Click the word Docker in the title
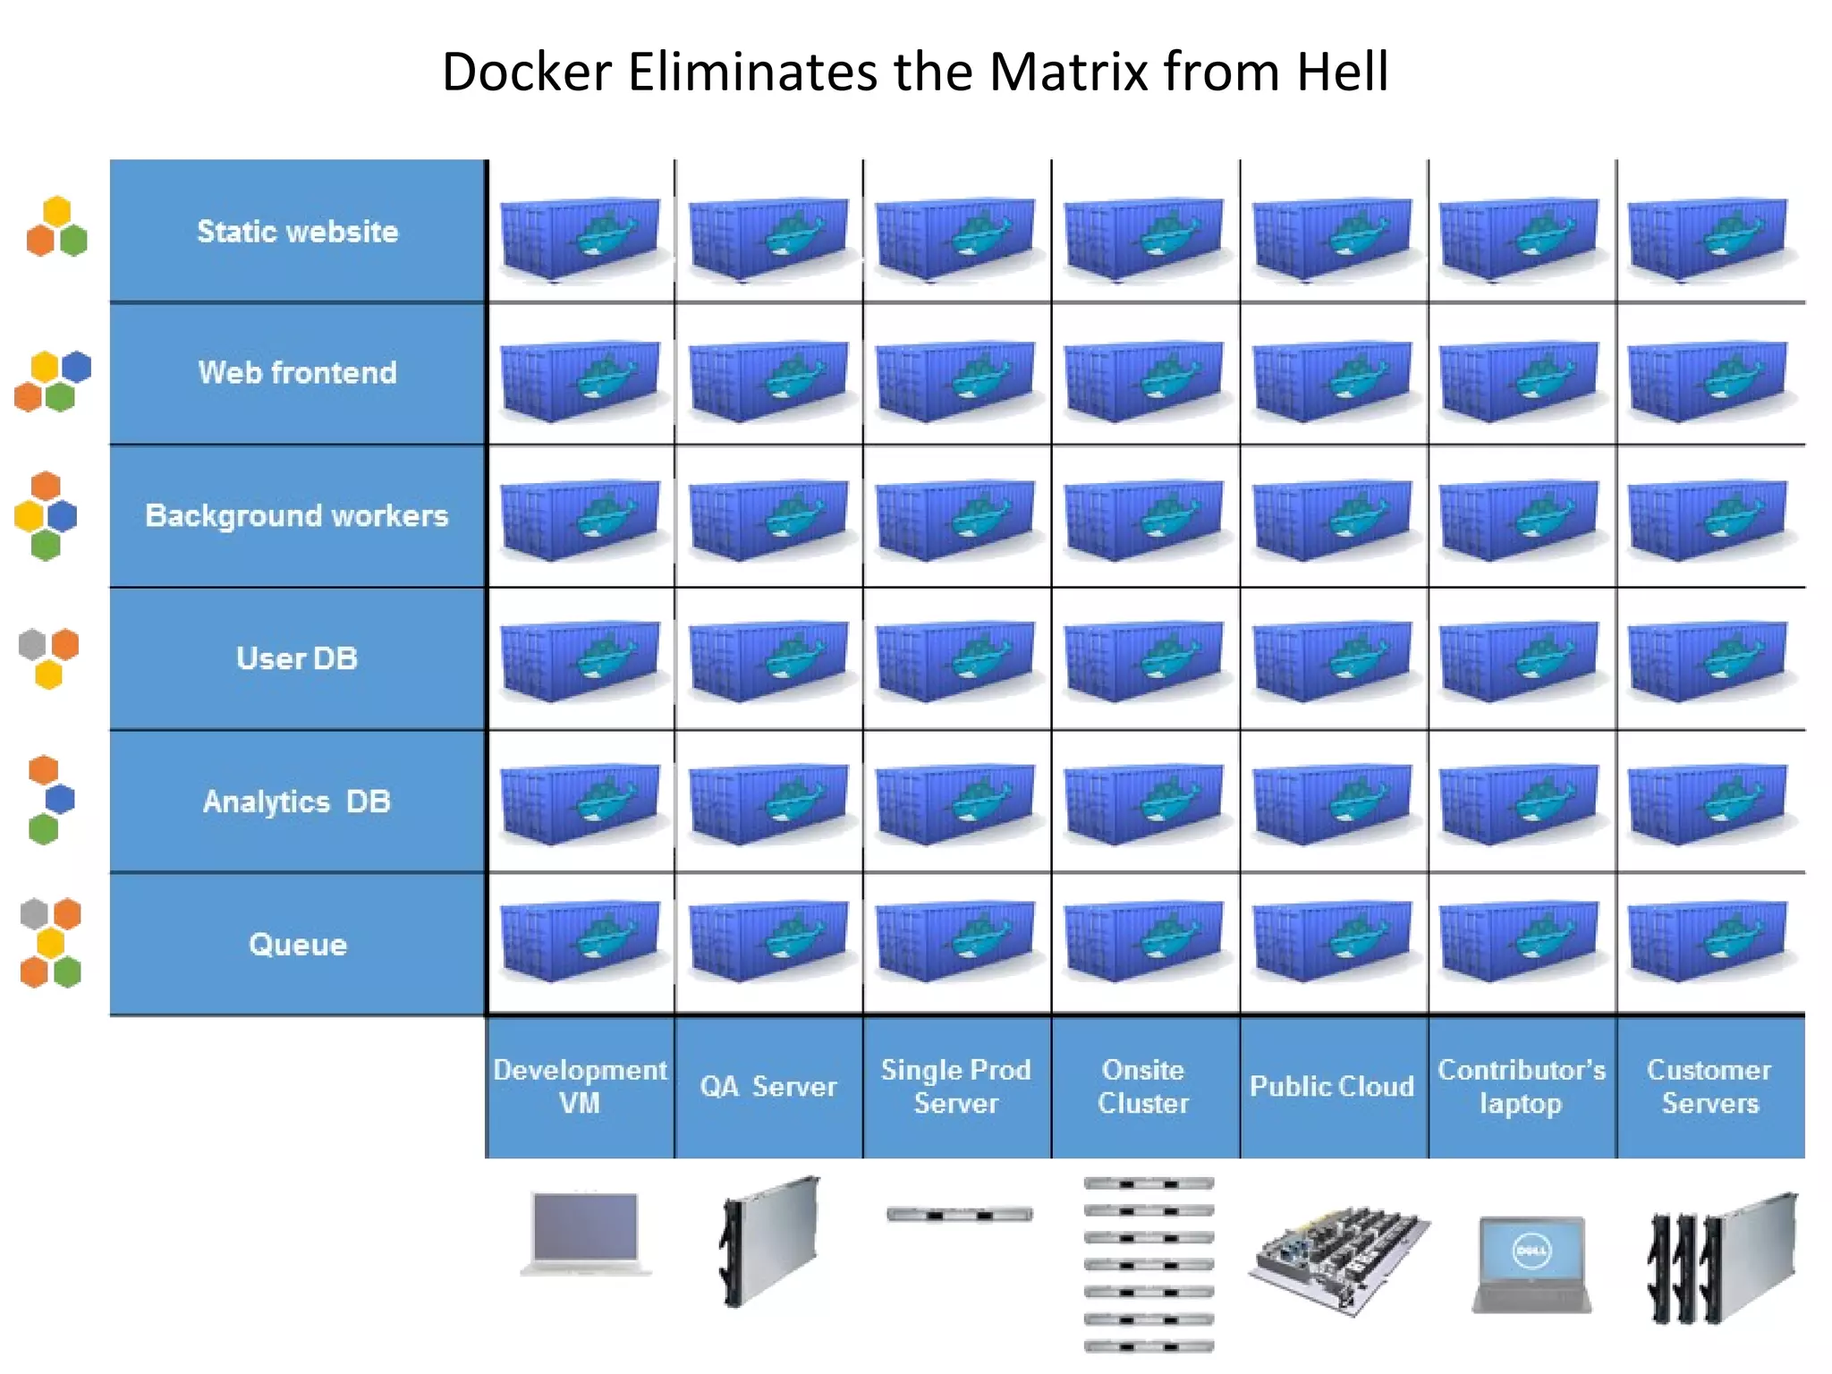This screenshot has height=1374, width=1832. click(x=526, y=72)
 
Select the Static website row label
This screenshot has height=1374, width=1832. click(x=298, y=232)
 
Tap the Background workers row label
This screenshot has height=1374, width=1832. click(x=297, y=515)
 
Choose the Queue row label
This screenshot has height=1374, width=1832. click(x=298, y=945)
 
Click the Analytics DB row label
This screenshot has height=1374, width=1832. click(x=297, y=801)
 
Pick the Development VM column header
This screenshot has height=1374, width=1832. click(x=580, y=1086)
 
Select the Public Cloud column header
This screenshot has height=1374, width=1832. click(x=1332, y=1086)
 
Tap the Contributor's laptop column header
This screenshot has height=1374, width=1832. click(x=1521, y=1086)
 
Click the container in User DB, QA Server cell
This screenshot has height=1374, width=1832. click(x=768, y=660)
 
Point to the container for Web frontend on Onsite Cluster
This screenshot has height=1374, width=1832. click(x=1143, y=379)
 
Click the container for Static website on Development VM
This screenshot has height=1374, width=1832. click(x=580, y=238)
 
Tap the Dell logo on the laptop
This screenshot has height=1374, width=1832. click(x=1531, y=1251)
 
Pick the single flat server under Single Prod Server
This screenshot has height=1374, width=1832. click(x=959, y=1215)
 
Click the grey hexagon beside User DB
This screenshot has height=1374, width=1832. click(x=32, y=644)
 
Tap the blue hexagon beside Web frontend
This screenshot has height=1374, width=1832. click(x=77, y=367)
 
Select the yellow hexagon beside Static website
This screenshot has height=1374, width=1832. click(x=57, y=211)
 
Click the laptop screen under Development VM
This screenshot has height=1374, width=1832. click(x=585, y=1226)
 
